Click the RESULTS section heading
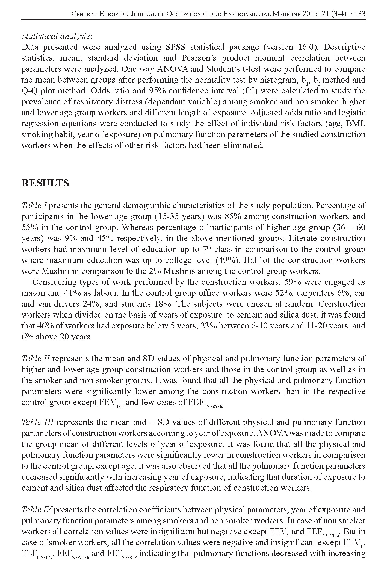coord(45,183)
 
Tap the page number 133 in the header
coord(359,14)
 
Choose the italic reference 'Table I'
coord(35,205)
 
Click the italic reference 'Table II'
coord(36,358)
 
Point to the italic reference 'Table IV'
coord(38,510)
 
